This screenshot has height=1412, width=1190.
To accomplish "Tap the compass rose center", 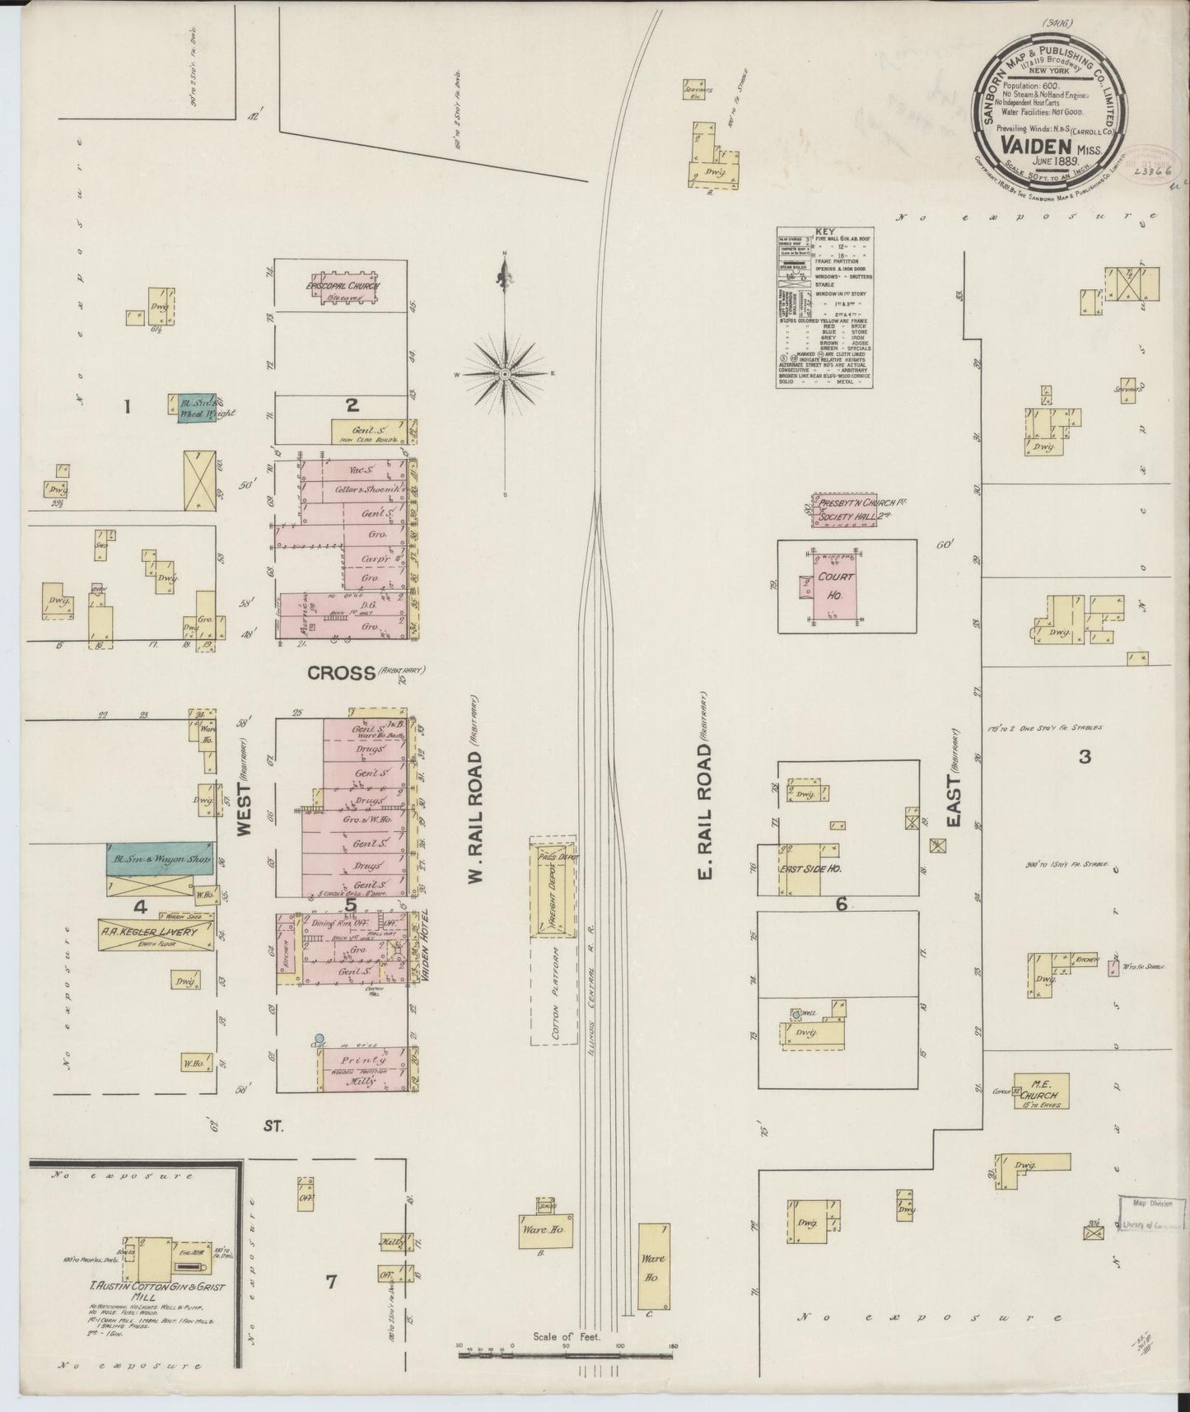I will (505, 374).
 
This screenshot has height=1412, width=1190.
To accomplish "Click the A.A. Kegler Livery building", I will (148, 933).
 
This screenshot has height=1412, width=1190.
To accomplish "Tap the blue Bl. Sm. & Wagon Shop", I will (159, 858).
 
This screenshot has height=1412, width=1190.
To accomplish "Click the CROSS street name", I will (341, 672).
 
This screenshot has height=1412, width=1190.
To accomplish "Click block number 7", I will (330, 1281).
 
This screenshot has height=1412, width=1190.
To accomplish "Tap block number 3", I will (1084, 756).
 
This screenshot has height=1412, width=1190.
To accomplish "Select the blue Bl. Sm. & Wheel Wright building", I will (197, 408).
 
